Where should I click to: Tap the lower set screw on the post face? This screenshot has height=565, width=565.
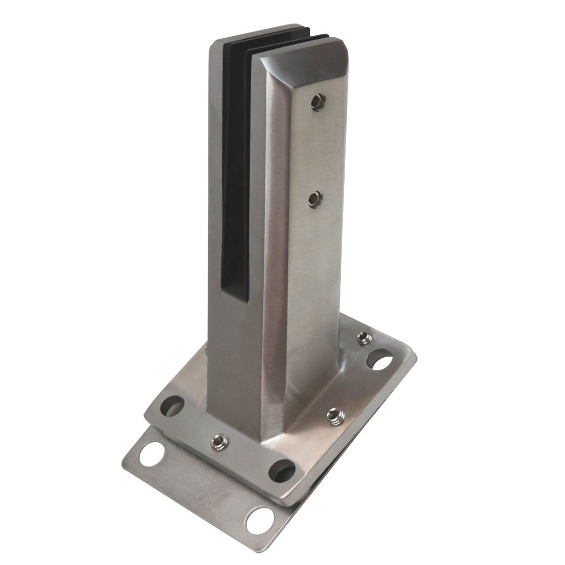pyautogui.click(x=314, y=200)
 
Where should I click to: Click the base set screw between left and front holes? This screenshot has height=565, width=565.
pyautogui.click(x=219, y=441)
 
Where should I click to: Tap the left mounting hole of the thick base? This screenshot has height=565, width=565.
pyautogui.click(x=171, y=406)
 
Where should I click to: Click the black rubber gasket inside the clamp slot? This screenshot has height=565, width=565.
pyautogui.click(x=235, y=179)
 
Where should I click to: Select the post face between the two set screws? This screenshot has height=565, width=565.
pyautogui.click(x=315, y=151)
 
